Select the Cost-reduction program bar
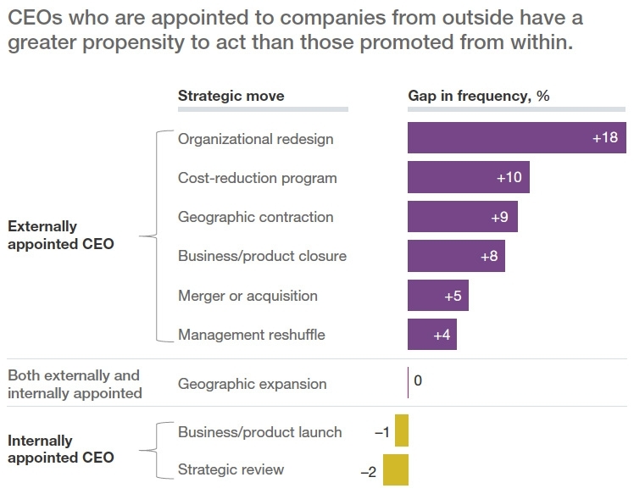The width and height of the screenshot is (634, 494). pos(468,178)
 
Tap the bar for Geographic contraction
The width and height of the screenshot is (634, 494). pos(462,217)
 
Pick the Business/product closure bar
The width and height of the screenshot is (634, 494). pos(456,256)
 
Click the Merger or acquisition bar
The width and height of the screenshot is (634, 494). pos(437,296)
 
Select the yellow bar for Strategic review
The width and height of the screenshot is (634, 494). pos(395,470)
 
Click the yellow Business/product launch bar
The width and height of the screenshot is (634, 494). pos(401,431)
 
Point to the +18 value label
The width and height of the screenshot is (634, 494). pos(604,138)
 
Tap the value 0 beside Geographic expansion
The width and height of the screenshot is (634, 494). pos(418,381)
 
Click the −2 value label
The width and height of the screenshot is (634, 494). pos(369,471)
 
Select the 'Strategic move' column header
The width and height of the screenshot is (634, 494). pos(231,96)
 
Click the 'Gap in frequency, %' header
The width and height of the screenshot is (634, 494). pos(479,96)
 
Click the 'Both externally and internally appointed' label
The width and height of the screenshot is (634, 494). pos(74,384)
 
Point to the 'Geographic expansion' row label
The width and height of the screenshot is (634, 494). pos(252,384)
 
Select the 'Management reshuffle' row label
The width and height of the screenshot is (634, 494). pos(251,335)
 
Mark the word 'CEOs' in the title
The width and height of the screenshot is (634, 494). pos(34,16)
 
